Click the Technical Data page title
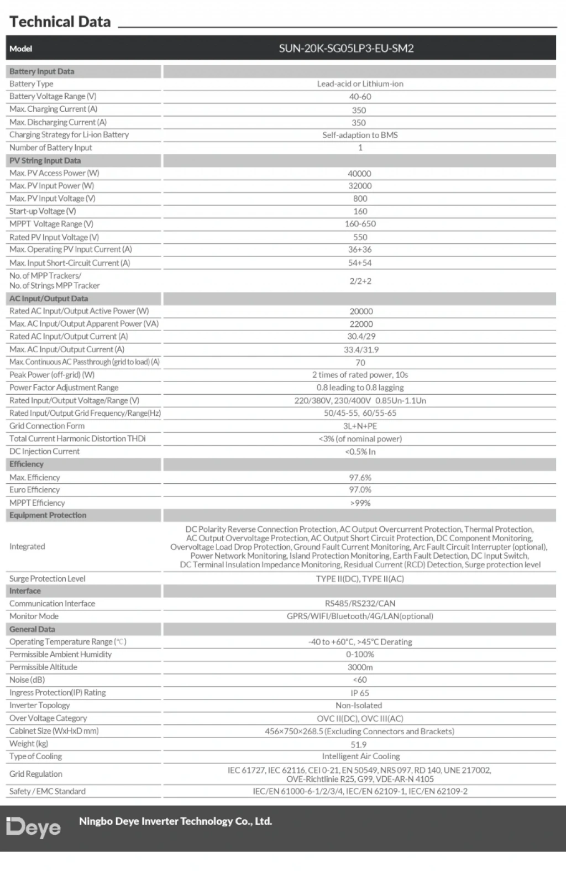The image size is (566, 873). pyautogui.click(x=60, y=22)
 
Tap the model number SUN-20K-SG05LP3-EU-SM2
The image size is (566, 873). pyautogui.click(x=346, y=48)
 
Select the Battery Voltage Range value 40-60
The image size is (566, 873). pyautogui.click(x=360, y=97)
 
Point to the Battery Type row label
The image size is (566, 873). pyautogui.click(x=32, y=83)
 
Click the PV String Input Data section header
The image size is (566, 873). pyautogui.click(x=45, y=160)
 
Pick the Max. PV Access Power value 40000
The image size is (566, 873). pyautogui.click(x=359, y=174)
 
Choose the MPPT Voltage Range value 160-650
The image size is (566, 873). pyautogui.click(x=360, y=224)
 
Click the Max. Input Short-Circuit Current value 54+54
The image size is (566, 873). pyautogui.click(x=360, y=263)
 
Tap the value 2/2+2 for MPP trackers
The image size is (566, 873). pyautogui.click(x=360, y=281)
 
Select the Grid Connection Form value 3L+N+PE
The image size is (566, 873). pyautogui.click(x=360, y=426)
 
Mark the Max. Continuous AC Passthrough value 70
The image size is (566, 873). pyautogui.click(x=360, y=363)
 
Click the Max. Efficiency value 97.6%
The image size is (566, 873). pyautogui.click(x=360, y=478)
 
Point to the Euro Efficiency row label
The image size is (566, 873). pyautogui.click(x=34, y=490)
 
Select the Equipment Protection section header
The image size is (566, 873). pyautogui.click(x=48, y=515)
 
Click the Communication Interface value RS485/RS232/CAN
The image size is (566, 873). pyautogui.click(x=360, y=604)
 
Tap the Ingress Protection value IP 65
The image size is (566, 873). pyautogui.click(x=360, y=693)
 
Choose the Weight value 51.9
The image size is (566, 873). pyautogui.click(x=359, y=745)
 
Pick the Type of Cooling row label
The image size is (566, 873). pyautogui.click(x=35, y=756)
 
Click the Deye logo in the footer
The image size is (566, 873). pyautogui.click(x=33, y=827)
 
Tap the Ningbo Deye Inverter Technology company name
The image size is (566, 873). pyautogui.click(x=175, y=822)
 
